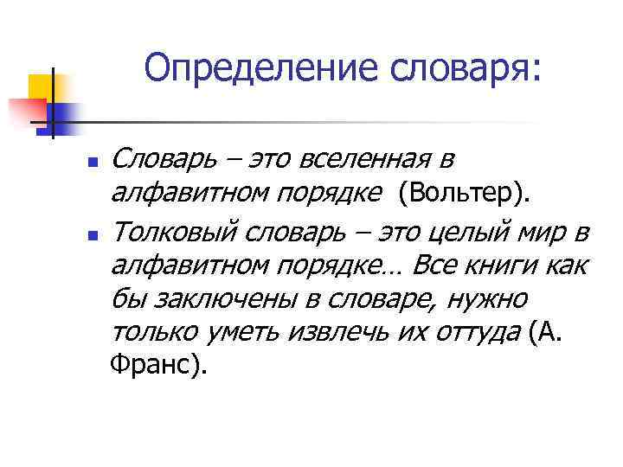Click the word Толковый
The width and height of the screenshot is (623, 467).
pos(177,232)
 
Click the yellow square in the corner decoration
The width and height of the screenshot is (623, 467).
pos(41,86)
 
